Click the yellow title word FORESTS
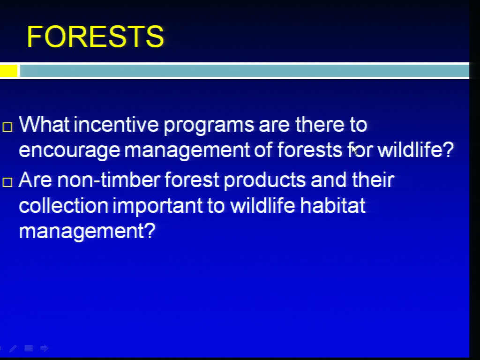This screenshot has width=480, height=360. tap(96, 37)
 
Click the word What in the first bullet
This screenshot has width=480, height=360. tap(44, 124)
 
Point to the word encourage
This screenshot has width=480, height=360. tap(69, 150)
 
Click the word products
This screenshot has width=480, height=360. tap(265, 180)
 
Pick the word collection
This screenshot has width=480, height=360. tap(64, 205)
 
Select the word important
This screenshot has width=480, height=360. tap(157, 206)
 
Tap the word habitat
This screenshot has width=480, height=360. tap(333, 205)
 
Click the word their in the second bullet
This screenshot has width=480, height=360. tap(373, 180)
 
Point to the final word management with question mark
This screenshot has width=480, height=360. tap(87, 232)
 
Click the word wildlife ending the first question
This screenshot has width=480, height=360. tap(415, 150)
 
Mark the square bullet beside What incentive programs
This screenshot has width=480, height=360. tap(7, 127)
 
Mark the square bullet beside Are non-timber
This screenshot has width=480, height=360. tap(7, 182)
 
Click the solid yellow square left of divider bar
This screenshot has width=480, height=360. tap(8, 71)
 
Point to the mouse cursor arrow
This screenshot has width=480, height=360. tap(354, 150)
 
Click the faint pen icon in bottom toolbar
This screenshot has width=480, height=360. tap(13, 348)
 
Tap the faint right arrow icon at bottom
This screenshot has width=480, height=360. tap(44, 348)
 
